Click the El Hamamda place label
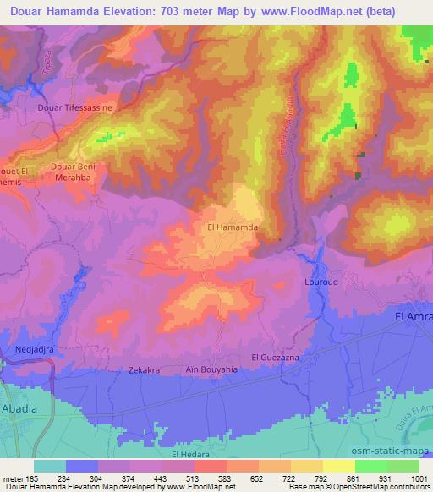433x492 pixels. click(x=231, y=227)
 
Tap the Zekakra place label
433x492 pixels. click(x=122, y=370)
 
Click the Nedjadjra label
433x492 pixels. click(x=36, y=347)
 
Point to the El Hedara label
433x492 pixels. click(x=189, y=454)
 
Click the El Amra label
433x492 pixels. click(x=414, y=316)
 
